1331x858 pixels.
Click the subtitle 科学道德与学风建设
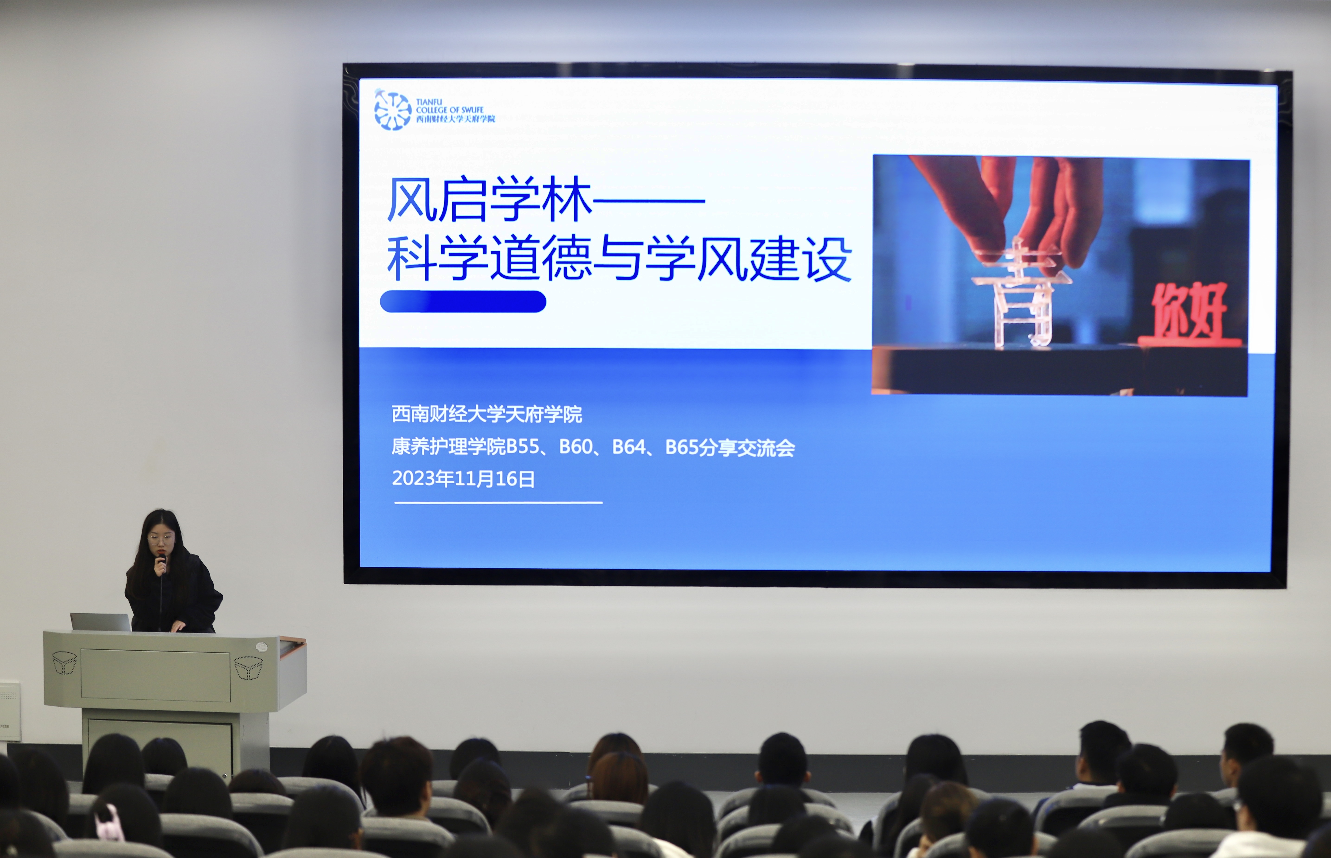619,258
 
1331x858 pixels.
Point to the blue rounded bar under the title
463,301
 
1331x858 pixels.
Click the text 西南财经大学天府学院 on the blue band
487,414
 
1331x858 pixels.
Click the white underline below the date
499,503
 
